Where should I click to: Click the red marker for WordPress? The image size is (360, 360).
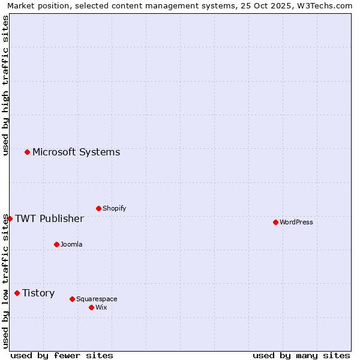click(x=275, y=222)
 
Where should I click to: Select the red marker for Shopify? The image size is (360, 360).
click(x=98, y=208)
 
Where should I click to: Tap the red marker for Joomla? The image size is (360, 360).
click(x=56, y=244)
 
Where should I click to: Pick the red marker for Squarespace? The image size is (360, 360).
click(x=72, y=299)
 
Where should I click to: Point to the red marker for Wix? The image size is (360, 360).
click(x=91, y=307)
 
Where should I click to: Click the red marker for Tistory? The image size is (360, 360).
click(x=17, y=293)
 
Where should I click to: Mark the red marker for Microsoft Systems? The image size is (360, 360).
click(x=27, y=152)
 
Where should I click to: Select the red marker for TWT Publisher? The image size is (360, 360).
click(x=10, y=218)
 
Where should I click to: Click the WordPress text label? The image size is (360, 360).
click(x=296, y=222)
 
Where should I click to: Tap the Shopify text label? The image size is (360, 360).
click(x=114, y=208)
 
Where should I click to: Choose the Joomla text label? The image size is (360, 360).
click(x=71, y=244)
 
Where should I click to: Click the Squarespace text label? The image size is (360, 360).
click(x=97, y=299)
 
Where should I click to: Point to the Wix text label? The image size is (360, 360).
click(x=101, y=307)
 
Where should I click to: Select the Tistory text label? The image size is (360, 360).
click(x=38, y=293)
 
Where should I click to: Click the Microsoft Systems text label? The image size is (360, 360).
click(x=76, y=152)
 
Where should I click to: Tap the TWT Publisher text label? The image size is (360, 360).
click(x=49, y=218)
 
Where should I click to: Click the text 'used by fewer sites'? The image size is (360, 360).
click(x=62, y=355)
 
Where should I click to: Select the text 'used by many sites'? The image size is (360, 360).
click(x=301, y=355)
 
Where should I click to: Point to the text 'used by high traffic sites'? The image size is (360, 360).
click(x=5, y=85)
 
